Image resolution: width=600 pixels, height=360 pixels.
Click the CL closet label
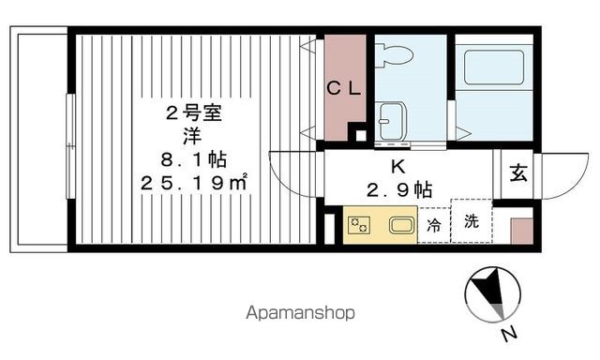pos(344,89)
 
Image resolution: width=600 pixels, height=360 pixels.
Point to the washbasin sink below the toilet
pos(390,120)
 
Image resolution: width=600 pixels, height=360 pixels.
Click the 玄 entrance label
pos(517,173)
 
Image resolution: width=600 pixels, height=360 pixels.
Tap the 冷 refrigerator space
pos(434,226)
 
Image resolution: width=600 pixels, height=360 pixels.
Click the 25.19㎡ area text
pos(194,182)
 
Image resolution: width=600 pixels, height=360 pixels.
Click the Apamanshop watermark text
pos(300,313)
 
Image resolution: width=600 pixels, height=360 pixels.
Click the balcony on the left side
pos(38,141)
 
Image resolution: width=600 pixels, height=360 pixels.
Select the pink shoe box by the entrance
pos(521,231)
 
